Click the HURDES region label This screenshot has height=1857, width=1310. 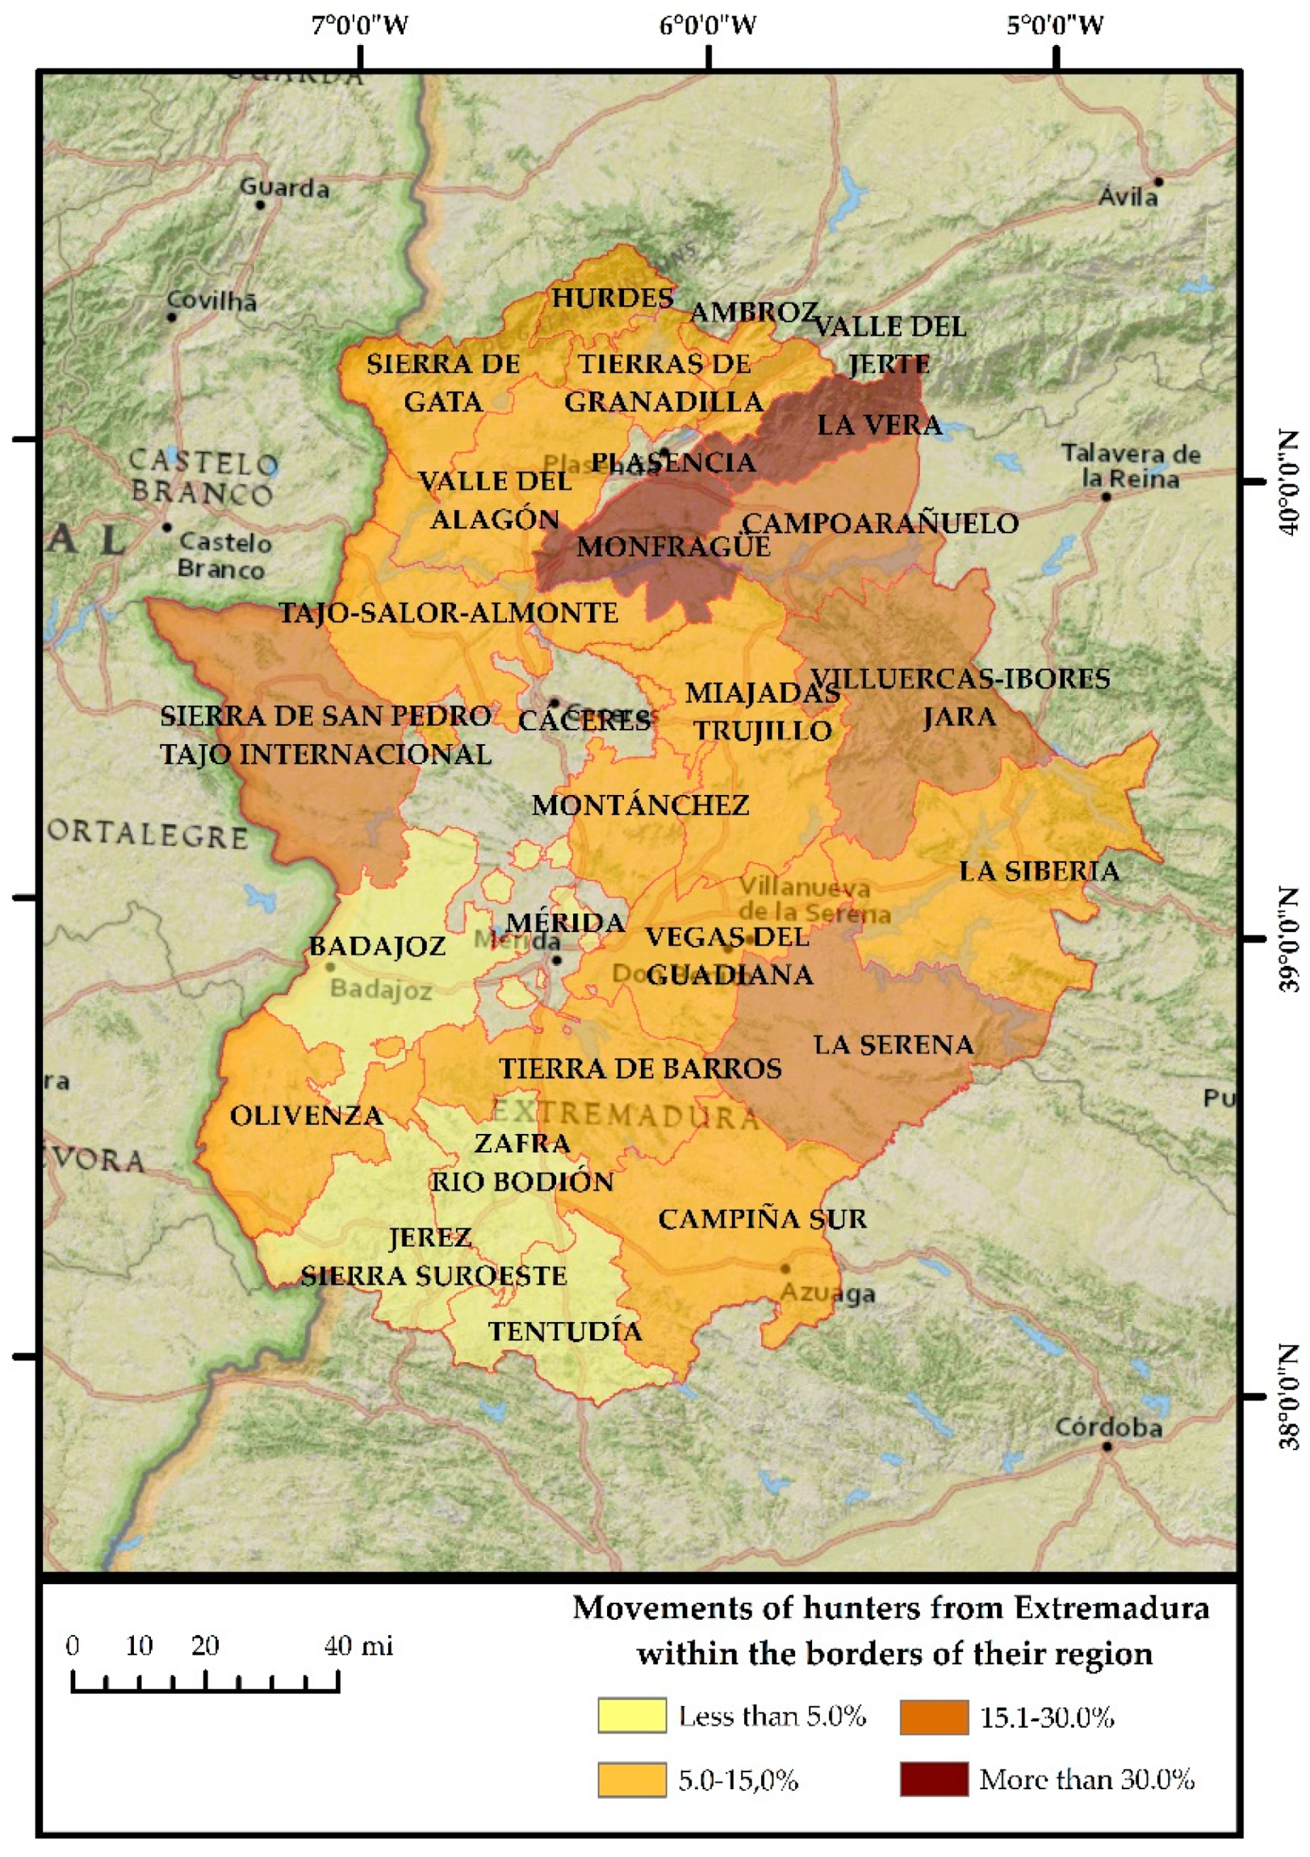coord(613,298)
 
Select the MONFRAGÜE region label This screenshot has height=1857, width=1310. coord(673,546)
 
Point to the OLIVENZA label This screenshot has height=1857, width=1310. coord(307,1116)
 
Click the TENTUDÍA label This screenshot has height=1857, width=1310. coord(566,1332)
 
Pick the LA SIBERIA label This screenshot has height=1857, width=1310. coord(1039,871)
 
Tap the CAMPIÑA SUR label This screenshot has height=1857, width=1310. coord(762,1219)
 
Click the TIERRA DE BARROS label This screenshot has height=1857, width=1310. coord(640,1069)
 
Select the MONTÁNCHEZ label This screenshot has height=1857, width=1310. coord(640,805)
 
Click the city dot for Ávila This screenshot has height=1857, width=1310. coord(1159,182)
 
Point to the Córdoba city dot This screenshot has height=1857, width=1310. coord(1107,1447)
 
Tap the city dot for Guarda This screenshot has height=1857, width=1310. coord(261,205)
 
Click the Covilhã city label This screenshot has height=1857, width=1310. coord(212,301)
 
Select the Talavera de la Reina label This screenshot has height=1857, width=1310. coord(1131,466)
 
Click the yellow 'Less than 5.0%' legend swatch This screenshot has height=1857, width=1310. coord(632,1716)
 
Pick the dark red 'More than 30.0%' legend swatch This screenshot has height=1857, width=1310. coord(934,1780)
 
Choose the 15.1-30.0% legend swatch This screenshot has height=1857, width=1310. coord(934,1716)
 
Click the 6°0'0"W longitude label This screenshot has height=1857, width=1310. coord(709,26)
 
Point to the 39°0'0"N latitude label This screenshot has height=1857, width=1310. coord(1292,939)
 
